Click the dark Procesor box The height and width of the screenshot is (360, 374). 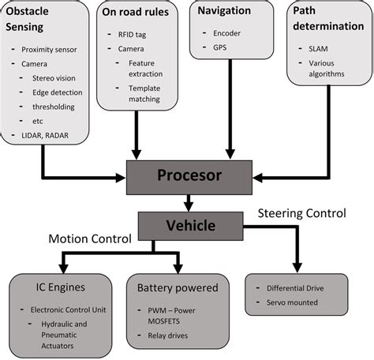(189, 178)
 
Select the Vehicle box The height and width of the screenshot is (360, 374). (191, 226)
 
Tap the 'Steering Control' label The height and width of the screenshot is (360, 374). (302, 213)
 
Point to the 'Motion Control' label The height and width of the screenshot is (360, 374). (90, 239)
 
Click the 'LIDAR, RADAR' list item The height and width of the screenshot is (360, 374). (45, 136)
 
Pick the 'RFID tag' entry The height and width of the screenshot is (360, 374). (132, 35)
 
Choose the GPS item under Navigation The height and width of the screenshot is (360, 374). (220, 47)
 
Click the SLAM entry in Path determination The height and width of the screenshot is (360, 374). (318, 49)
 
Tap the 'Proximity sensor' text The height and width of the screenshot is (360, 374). (49, 50)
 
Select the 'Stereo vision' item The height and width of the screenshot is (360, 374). (54, 78)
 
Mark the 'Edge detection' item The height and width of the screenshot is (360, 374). (58, 92)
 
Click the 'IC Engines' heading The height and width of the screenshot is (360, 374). (61, 287)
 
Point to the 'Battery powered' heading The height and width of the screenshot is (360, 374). (178, 288)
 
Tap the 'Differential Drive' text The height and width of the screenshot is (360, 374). (295, 288)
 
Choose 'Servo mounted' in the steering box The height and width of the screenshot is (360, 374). (292, 302)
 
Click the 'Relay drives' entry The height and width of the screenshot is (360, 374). (168, 336)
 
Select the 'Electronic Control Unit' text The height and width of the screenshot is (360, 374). (69, 310)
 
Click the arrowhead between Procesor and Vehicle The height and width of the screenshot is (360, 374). (189, 207)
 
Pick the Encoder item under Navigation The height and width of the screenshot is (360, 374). (226, 33)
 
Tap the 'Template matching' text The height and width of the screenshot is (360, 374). (144, 94)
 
